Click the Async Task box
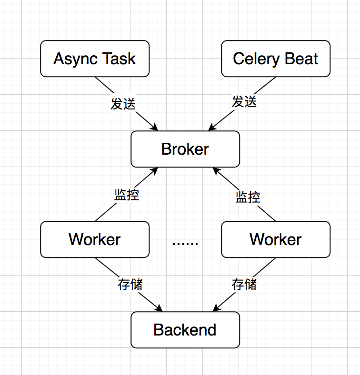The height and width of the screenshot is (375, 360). click(x=95, y=59)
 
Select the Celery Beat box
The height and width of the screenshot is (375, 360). click(x=275, y=59)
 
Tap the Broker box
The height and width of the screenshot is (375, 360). click(x=185, y=149)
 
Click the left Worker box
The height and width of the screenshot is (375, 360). click(x=95, y=239)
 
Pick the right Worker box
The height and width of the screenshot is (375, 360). click(x=275, y=239)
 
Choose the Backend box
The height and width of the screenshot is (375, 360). click(x=185, y=329)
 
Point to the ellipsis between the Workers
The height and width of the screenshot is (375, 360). click(x=185, y=243)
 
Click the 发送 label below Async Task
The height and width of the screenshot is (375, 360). click(x=123, y=103)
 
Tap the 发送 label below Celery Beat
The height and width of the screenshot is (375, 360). click(x=244, y=101)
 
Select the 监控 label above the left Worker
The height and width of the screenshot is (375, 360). click(x=127, y=194)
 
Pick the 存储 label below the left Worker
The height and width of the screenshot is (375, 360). click(x=130, y=284)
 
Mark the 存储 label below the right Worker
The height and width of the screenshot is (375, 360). click(x=244, y=284)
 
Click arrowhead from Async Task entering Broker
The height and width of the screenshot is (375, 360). click(x=155, y=128)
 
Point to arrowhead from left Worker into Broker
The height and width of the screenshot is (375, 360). click(x=155, y=170)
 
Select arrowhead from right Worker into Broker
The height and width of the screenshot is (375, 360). click(x=215, y=170)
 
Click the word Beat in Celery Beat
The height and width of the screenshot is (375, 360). click(x=301, y=59)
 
